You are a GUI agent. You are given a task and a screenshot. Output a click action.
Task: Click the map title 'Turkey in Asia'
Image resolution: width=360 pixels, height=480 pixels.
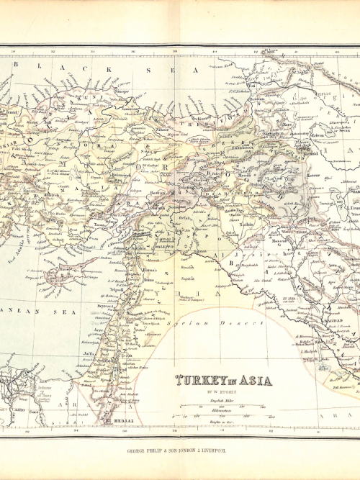pyautogui.click(x=224, y=381)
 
